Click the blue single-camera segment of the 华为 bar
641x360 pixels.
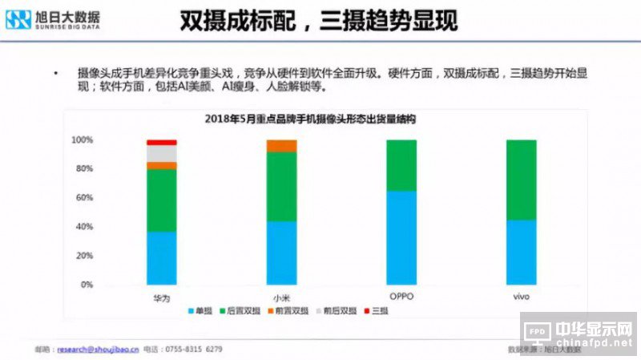click(x=162, y=258)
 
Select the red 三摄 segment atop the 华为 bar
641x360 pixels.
click(x=162, y=142)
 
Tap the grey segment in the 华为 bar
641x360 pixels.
click(x=162, y=153)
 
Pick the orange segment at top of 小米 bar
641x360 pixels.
click(x=281, y=145)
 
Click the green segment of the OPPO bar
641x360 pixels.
click(x=401, y=165)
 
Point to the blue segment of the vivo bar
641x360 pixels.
click(x=522, y=252)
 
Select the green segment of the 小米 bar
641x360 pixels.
click(x=281, y=186)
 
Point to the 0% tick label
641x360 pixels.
click(x=86, y=285)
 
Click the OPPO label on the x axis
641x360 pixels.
click(x=401, y=297)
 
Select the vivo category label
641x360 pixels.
click(x=522, y=297)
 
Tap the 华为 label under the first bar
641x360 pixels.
click(x=162, y=297)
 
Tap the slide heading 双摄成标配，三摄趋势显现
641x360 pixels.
click(x=318, y=21)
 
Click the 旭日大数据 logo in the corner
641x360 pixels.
click(x=53, y=19)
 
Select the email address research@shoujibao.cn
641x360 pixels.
click(x=95, y=349)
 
